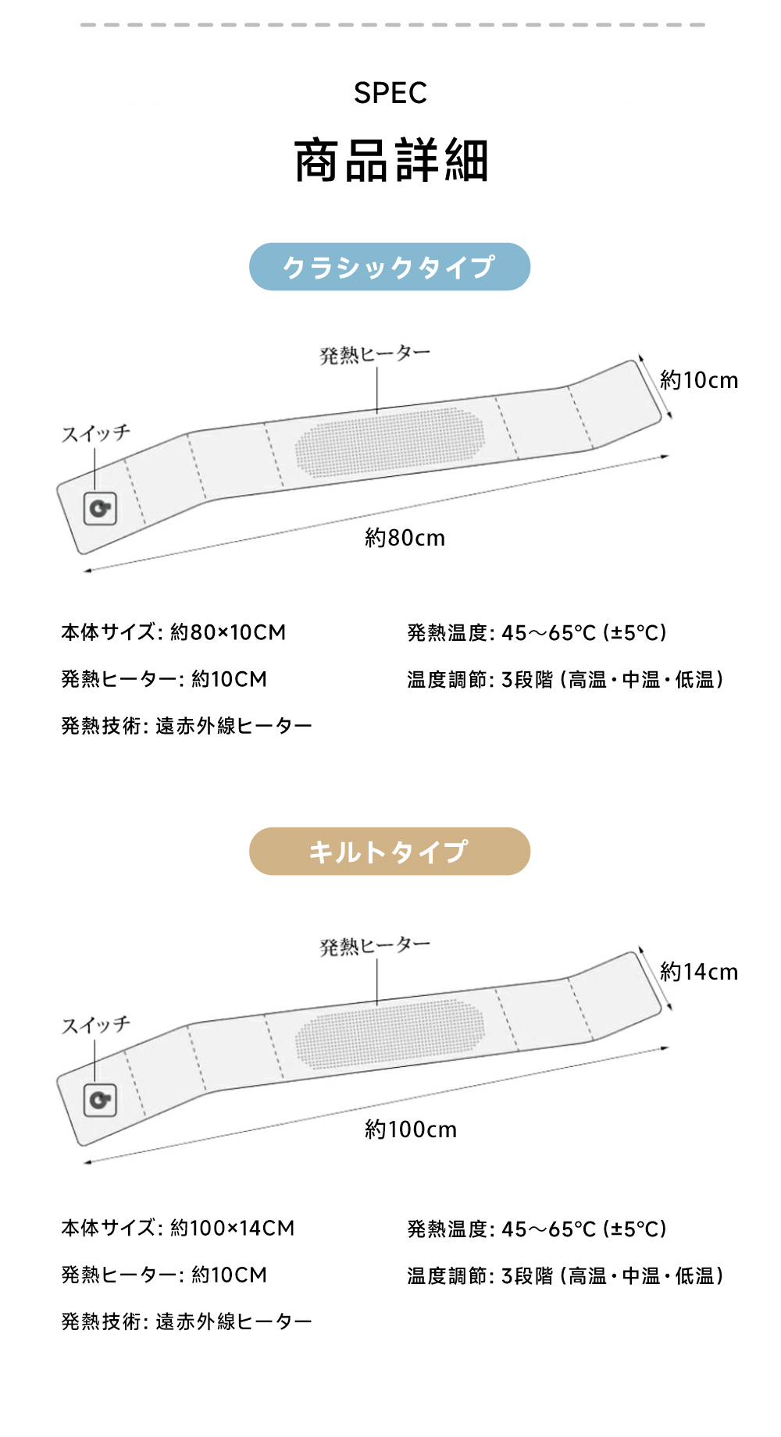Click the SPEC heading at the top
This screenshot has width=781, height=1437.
click(390, 93)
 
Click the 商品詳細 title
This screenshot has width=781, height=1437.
click(391, 161)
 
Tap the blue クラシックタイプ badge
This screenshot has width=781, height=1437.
click(390, 267)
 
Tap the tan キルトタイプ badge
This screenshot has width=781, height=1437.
click(390, 852)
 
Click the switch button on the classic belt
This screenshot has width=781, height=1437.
click(100, 509)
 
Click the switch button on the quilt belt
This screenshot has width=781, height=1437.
click(100, 1101)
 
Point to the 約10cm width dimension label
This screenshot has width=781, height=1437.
click(699, 380)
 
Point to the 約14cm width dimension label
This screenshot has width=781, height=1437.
click(699, 972)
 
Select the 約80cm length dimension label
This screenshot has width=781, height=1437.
click(405, 538)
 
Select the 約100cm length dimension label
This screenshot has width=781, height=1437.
click(411, 1129)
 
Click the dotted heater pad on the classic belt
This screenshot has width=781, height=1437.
click(389, 442)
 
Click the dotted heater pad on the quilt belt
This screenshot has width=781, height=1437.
click(389, 1033)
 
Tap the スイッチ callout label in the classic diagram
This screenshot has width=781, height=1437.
click(96, 433)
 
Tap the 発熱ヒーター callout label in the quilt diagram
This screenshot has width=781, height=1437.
click(375, 946)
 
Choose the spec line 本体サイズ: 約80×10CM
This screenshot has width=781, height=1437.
click(173, 632)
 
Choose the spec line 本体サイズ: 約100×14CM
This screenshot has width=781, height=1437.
click(178, 1228)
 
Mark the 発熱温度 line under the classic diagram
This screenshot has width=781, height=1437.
click(537, 633)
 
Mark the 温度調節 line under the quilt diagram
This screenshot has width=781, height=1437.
click(565, 1276)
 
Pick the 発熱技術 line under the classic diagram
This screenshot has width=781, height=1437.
click(187, 726)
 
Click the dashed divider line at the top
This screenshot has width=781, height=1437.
click(392, 25)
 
